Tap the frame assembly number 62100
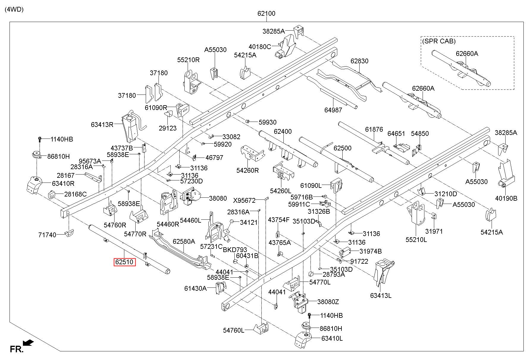[x=266, y=13]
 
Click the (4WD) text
[x=14, y=9]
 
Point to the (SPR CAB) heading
[x=439, y=41]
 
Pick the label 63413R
[x=102, y=125]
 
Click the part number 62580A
[x=184, y=241]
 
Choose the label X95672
[x=244, y=201]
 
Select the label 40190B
[x=506, y=198]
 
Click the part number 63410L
[x=331, y=338]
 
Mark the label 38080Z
[x=328, y=302]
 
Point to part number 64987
[x=333, y=110]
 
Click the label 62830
[x=359, y=61]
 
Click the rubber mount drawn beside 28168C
[x=52, y=195]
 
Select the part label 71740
[x=47, y=235]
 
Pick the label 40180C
[x=260, y=46]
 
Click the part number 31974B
[x=371, y=251]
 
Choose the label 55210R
[x=188, y=60]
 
